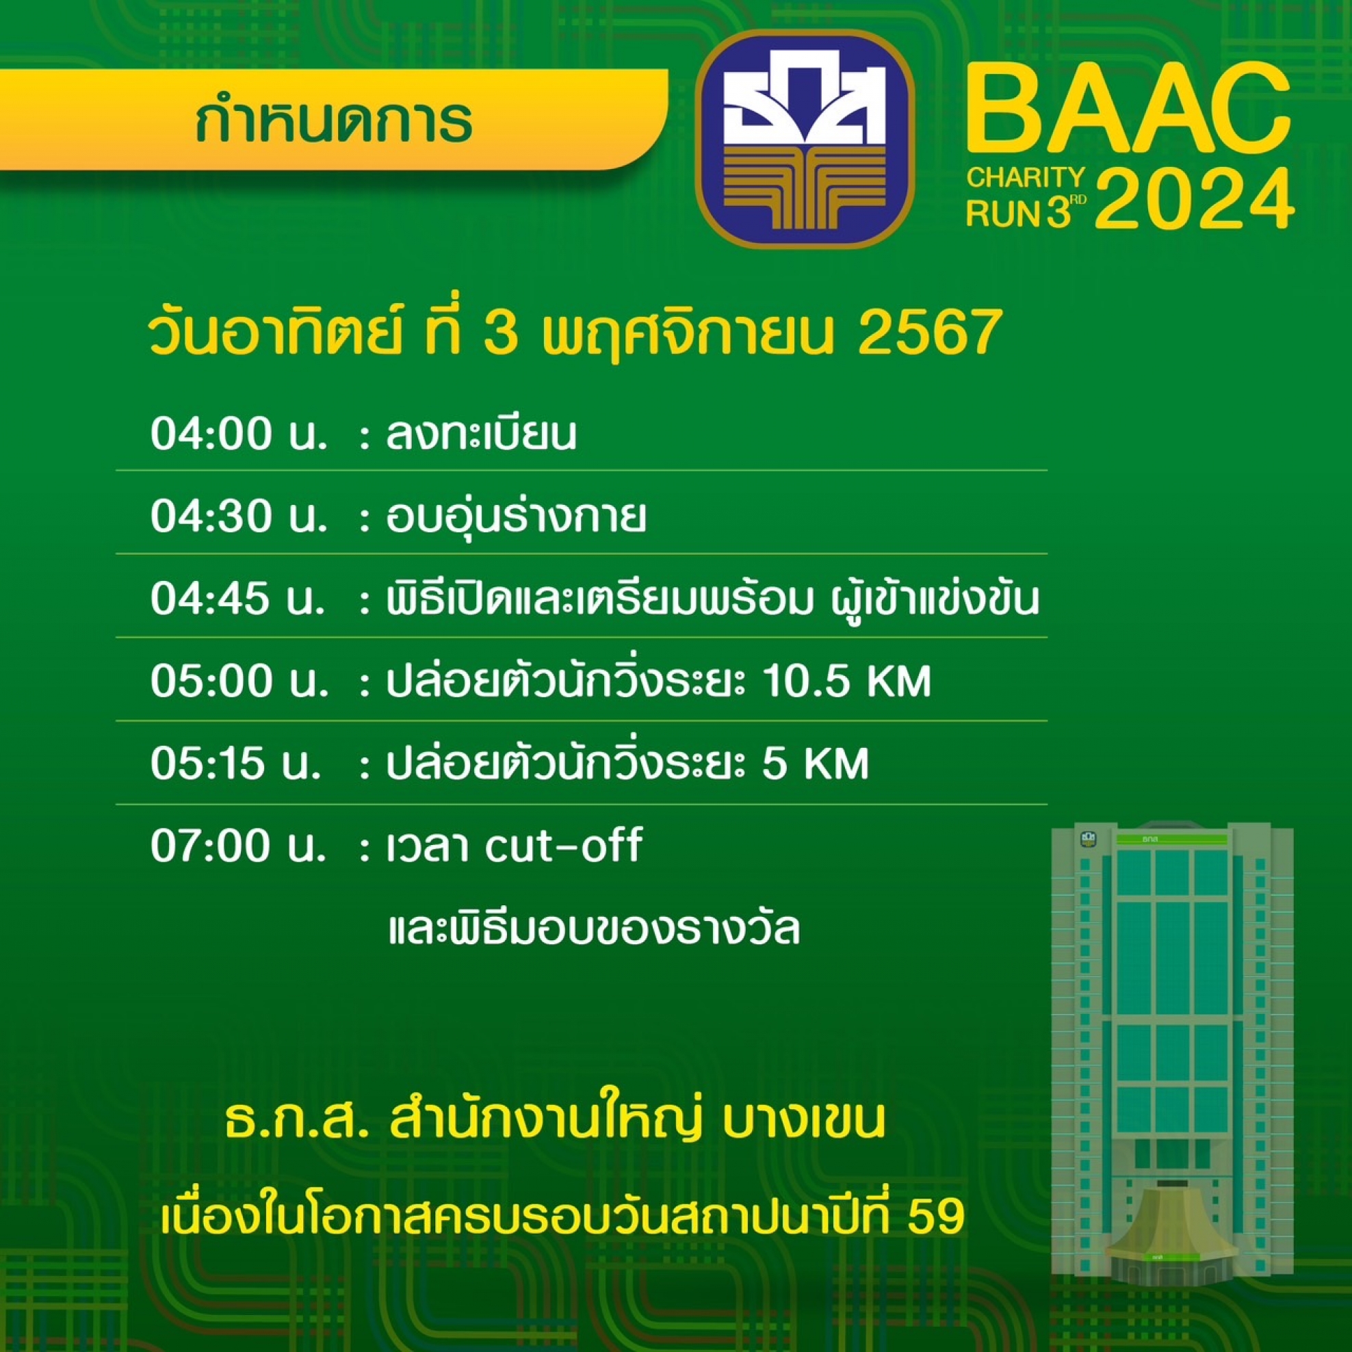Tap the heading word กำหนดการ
pyautogui.click(x=334, y=120)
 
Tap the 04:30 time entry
pyautogui.click(x=239, y=518)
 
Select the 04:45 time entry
pyautogui.click(x=238, y=601)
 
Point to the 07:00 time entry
pyautogui.click(x=238, y=847)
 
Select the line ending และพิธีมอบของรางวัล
pyautogui.click(x=593, y=931)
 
